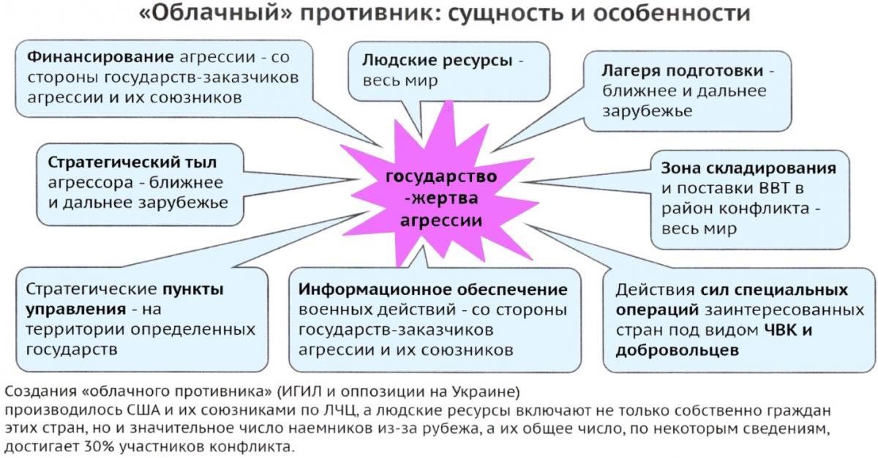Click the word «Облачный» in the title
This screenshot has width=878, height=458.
pos(216,13)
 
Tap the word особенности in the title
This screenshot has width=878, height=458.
pos(672,13)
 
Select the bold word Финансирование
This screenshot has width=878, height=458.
pos(100,58)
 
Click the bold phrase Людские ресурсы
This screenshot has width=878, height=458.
pos(437,60)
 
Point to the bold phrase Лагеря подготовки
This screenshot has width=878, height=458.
pos(683,71)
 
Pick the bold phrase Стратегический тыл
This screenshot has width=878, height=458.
pos(132,162)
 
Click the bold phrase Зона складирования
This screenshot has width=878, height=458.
pos(748,168)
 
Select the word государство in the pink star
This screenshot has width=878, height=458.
pos(441,176)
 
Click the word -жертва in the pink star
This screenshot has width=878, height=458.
pos(441,198)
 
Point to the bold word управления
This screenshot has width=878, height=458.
pos(76,309)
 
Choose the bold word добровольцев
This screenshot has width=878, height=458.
pos(678,350)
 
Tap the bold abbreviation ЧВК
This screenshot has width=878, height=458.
pos(781,330)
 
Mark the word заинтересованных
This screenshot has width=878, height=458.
pos(784,310)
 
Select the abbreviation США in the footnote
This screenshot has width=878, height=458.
pos(143,410)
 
